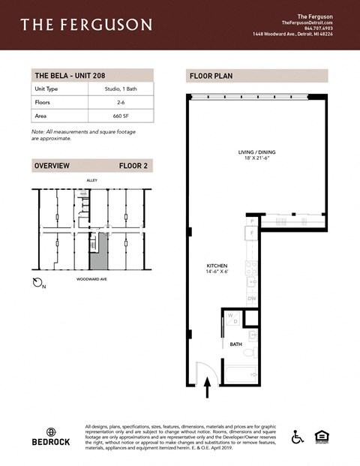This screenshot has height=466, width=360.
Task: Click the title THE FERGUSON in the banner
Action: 86,26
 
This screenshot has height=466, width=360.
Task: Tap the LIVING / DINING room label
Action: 258,153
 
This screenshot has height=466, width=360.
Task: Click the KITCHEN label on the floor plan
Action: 217,266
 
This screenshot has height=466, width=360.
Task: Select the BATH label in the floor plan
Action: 235,344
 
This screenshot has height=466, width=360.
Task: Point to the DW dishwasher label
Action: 253,298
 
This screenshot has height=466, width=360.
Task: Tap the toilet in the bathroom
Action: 252,350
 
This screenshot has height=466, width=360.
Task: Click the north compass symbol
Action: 40,283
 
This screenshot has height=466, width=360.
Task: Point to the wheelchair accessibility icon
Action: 298,437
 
